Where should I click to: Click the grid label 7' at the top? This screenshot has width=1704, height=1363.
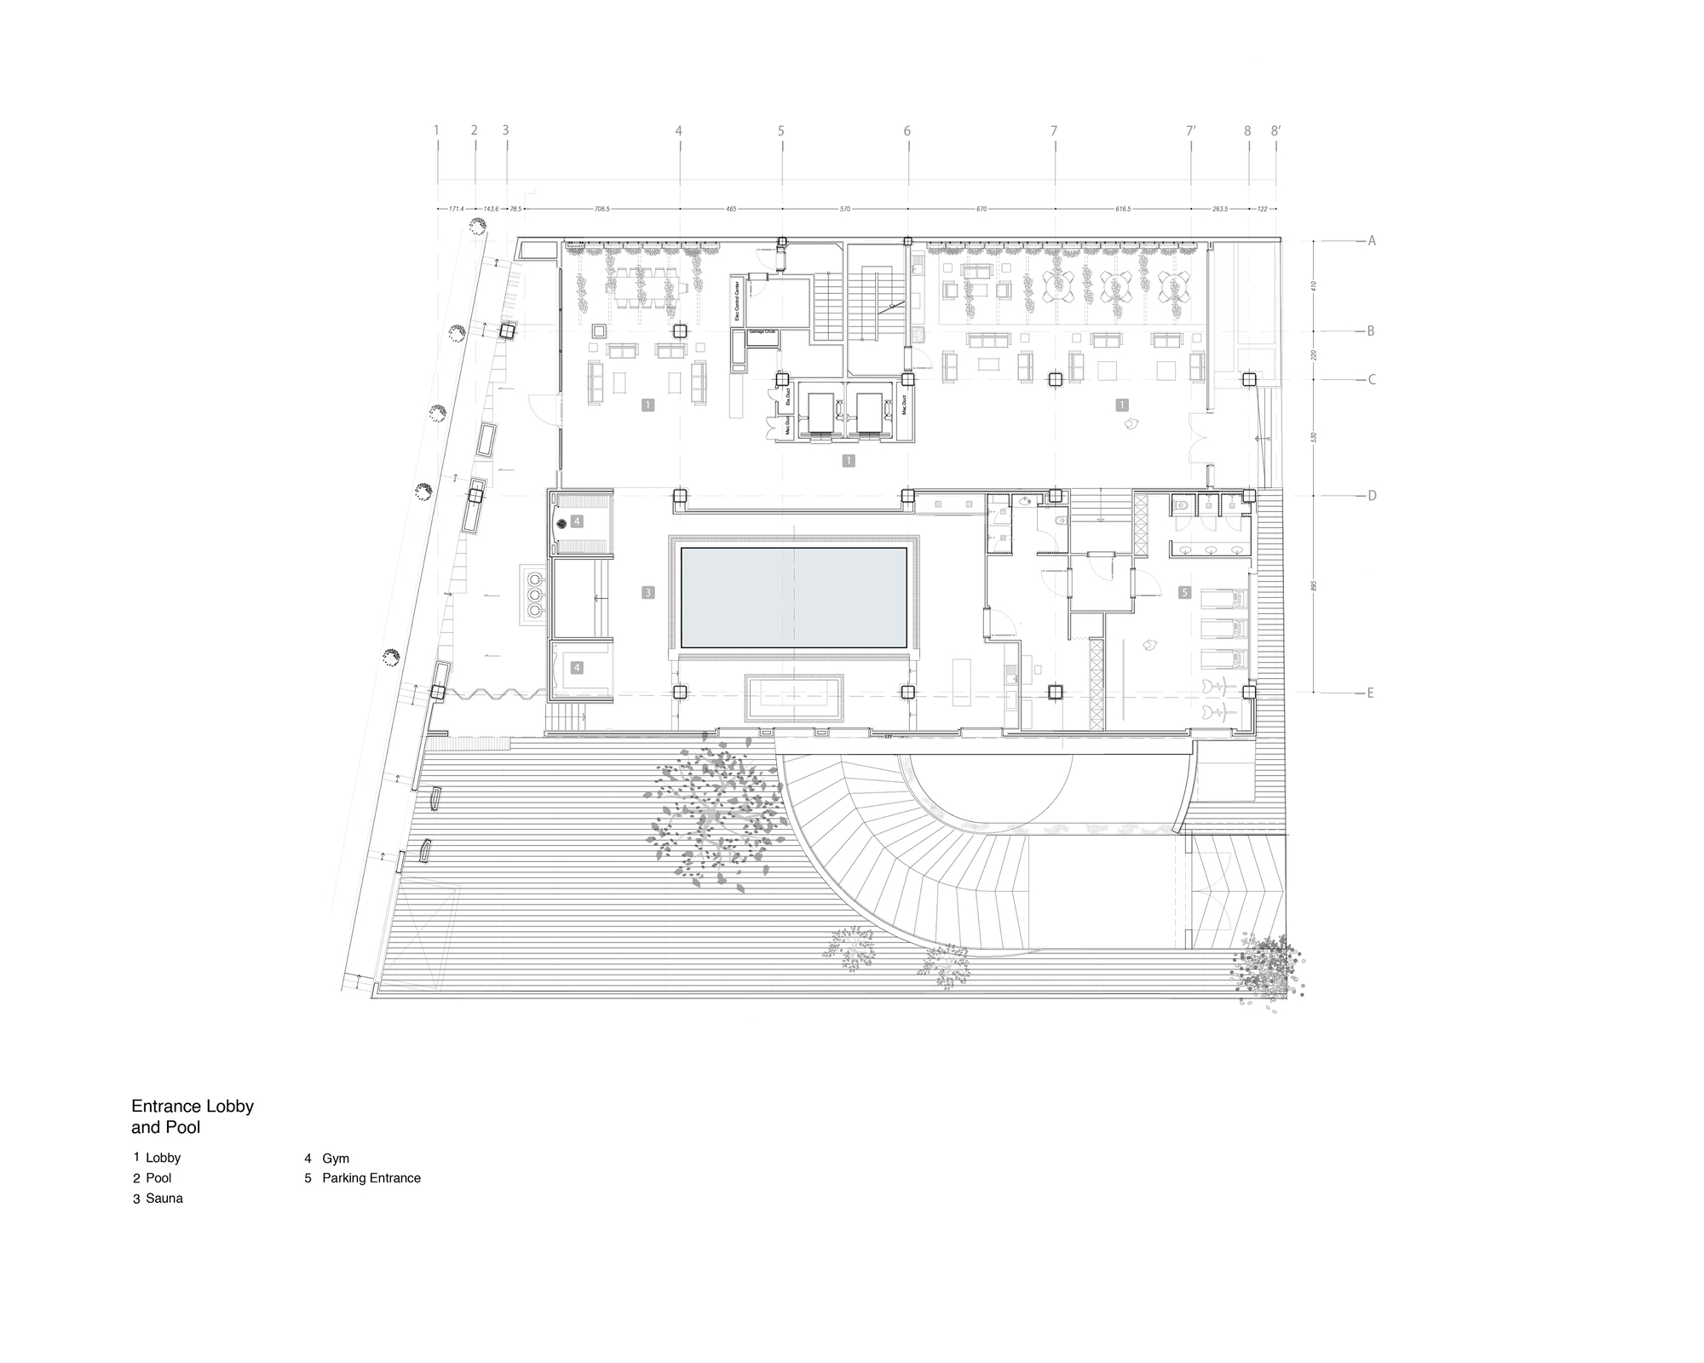pyautogui.click(x=1191, y=131)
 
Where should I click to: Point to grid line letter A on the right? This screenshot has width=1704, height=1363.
pyautogui.click(x=1372, y=241)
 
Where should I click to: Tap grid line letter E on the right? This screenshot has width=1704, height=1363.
pyautogui.click(x=1371, y=693)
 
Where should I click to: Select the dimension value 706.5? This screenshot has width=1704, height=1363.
pyautogui.click(x=602, y=209)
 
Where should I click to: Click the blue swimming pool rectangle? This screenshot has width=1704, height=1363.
pyautogui.click(x=793, y=598)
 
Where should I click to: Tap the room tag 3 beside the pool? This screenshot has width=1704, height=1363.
pyautogui.click(x=648, y=593)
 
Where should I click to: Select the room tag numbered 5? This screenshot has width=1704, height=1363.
pyautogui.click(x=1184, y=592)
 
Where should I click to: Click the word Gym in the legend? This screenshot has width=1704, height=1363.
pyautogui.click(x=336, y=1159)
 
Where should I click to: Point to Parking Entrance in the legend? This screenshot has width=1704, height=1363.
pyautogui.click(x=371, y=1178)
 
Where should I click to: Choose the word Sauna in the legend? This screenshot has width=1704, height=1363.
pyautogui.click(x=164, y=1199)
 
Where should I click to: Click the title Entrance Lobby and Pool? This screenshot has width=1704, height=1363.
pyautogui.click(x=193, y=1117)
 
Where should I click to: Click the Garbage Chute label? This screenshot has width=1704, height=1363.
pyautogui.click(x=763, y=331)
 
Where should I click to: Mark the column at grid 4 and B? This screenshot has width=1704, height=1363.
pyautogui.click(x=680, y=331)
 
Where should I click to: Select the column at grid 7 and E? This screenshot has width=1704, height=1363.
pyautogui.click(x=1056, y=693)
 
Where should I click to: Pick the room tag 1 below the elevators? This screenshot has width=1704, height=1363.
pyautogui.click(x=848, y=461)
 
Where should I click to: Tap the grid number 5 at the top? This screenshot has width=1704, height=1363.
pyautogui.click(x=780, y=131)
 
